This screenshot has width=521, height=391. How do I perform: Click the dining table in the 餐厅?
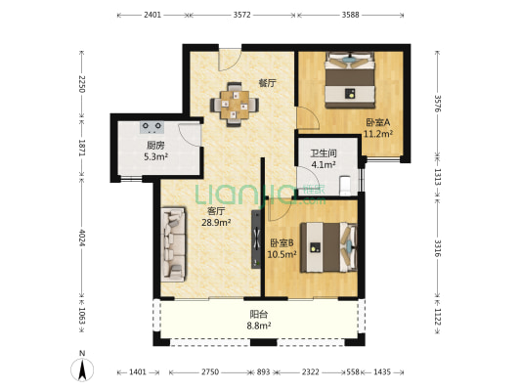[235, 105]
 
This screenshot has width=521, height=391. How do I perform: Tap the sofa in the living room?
[173, 244]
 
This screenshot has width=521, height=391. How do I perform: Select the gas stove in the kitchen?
[152, 127]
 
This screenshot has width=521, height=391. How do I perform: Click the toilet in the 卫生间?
[346, 186]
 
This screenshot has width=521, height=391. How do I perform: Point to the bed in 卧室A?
[350, 80]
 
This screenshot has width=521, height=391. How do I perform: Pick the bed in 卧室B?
[328, 247]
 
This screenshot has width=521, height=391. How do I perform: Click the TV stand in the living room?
[256, 239]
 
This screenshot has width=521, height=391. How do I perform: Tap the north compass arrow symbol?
[82, 369]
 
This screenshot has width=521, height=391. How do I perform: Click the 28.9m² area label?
[216, 223]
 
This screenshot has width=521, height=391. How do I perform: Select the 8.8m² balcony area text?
[258, 326]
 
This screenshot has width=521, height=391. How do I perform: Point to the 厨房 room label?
[155, 146]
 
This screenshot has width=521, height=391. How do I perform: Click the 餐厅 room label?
[268, 83]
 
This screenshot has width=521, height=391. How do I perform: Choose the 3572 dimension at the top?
[241, 15]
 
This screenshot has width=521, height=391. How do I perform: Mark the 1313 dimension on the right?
[438, 177]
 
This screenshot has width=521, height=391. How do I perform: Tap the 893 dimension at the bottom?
[263, 372]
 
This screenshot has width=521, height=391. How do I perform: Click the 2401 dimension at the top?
[152, 15]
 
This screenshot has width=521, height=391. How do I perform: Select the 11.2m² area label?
[378, 134]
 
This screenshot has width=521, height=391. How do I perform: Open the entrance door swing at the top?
[230, 59]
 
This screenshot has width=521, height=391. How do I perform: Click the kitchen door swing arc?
[190, 135]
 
